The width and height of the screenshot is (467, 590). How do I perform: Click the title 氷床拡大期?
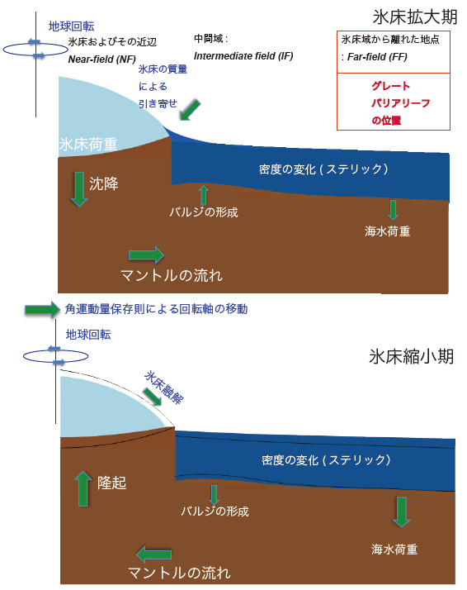pos(415,17)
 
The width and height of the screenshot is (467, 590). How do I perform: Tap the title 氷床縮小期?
pos(412,356)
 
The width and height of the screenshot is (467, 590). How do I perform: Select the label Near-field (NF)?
pos(101,59)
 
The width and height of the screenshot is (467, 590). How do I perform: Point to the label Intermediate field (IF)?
pos(243,56)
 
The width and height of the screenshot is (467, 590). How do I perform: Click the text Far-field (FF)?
pos(377,57)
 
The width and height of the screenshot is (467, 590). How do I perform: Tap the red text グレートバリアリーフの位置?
pos(400,103)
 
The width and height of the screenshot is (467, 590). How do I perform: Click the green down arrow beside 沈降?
pos(79,189)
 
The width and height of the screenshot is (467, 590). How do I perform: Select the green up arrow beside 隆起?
pos(83,488)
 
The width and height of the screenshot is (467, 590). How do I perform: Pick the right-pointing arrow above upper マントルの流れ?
pos(146,255)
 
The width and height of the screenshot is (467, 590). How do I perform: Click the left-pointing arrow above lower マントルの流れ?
pos(154,554)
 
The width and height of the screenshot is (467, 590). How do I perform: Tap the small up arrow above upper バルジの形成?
pos(204,195)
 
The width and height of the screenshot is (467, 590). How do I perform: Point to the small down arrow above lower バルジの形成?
pos(214,495)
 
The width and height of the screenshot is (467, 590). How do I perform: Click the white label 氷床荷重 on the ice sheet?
pos(88,144)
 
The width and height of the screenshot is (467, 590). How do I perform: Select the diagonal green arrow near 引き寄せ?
pos(190,110)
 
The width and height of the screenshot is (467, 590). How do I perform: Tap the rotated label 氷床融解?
pos(164,388)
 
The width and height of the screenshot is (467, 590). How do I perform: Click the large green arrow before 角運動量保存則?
pos(42,310)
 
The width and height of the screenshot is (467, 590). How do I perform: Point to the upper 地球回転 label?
pos(72,26)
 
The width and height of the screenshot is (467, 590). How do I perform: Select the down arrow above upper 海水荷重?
pos(393,210)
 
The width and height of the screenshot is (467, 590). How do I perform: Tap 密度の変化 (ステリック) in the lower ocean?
pos(326,459)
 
